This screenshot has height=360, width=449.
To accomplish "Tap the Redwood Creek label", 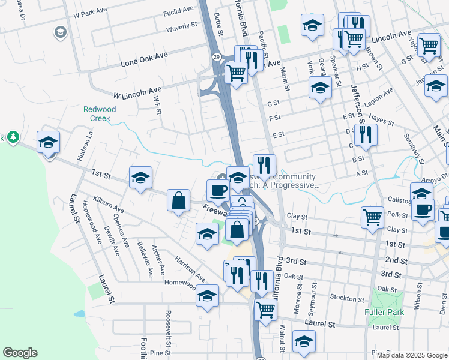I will coord(100,113).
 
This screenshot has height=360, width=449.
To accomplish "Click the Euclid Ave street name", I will coord(178,11).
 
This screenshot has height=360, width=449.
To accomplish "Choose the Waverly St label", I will coord(182,27).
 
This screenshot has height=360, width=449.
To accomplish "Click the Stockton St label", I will coord(343,298).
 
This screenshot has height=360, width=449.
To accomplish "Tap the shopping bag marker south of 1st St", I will coord(179,200).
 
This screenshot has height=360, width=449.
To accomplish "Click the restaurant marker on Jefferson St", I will coord(364,135).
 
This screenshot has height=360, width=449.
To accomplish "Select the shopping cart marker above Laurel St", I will coord(265,310).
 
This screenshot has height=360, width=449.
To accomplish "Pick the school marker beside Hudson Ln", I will coord(48,142).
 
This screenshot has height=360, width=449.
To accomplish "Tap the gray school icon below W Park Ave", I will coord(60,32).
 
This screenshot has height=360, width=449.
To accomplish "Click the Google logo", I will coord(20,353).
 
